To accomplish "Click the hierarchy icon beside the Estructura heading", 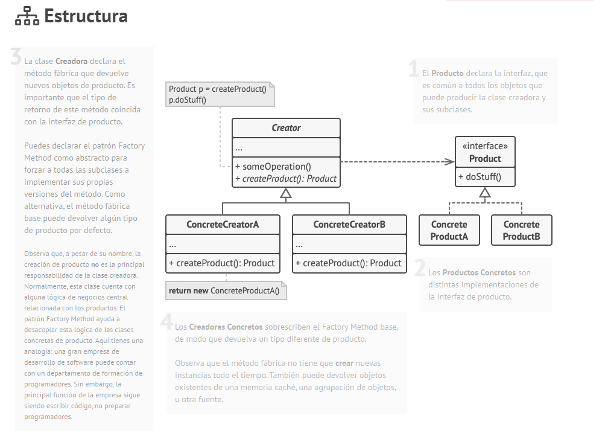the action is coord(27,17).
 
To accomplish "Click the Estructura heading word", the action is coord(86,16).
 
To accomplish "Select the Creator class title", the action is coord(286,128).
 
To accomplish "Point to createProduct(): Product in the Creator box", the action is coord(286,179).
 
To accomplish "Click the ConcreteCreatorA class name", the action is coord(223,225).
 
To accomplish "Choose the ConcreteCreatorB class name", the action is coord(349,225).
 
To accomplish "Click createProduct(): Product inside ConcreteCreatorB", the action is coord(349,263).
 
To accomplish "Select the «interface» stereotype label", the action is coord(485,146).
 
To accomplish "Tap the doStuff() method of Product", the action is coord(480,177).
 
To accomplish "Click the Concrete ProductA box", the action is coord(449,230).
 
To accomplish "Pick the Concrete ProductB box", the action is coord(521,230).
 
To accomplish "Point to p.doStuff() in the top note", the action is coord(187,100).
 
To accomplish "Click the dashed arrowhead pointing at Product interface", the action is coord(449,161).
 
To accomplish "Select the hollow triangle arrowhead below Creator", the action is coord(286,194).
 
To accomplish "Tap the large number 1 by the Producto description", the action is coord(414,69).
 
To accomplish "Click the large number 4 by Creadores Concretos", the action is coord(167,322).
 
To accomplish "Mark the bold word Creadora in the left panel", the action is coord(71,61).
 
